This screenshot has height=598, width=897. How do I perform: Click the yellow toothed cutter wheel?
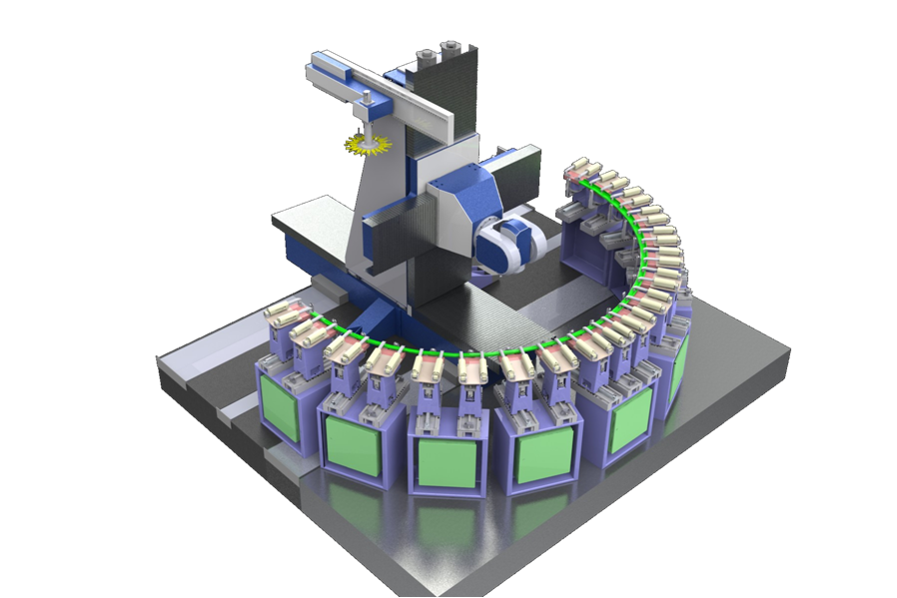[365, 146]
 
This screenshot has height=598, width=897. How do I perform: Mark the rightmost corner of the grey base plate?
[788, 350]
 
